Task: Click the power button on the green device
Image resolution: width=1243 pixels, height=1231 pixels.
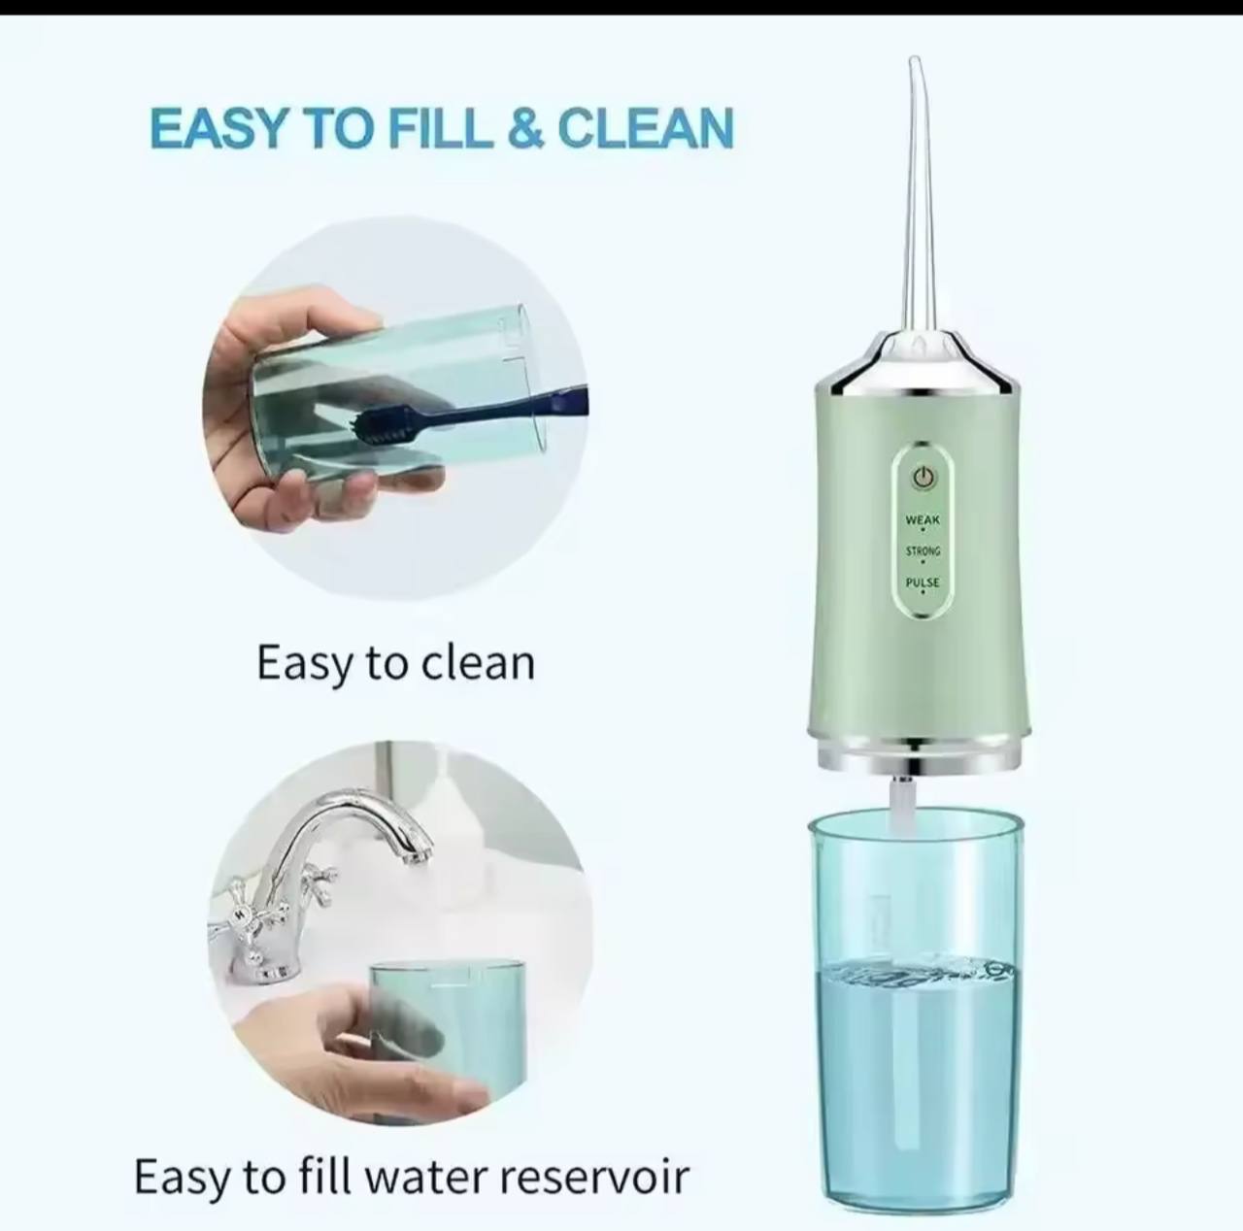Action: (924, 478)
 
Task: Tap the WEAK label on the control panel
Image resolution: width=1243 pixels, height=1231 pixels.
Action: (924, 519)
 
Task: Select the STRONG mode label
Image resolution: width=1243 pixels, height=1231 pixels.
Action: (924, 551)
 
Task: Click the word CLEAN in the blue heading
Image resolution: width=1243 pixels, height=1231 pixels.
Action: (646, 128)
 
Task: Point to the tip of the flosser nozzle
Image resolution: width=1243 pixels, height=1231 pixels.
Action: (916, 61)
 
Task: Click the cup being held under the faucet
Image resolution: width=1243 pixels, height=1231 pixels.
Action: (448, 1031)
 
